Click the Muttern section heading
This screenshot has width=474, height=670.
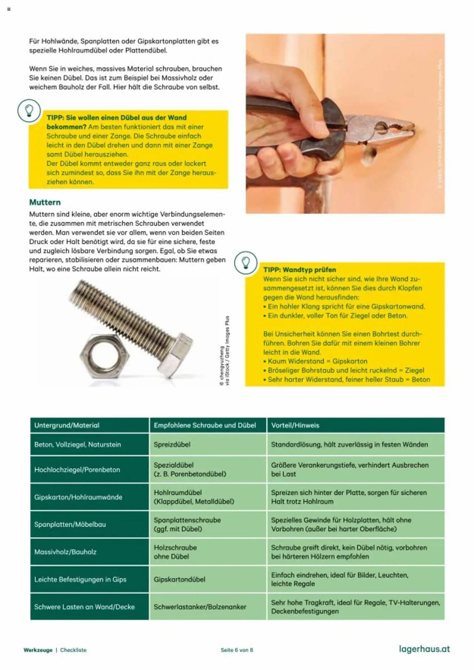click(45, 202)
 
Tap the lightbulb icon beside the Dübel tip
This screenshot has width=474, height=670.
click(29, 111)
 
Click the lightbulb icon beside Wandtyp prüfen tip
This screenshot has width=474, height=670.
click(246, 263)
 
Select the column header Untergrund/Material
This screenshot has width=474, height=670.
click(67, 425)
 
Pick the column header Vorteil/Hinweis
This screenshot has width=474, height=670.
click(295, 425)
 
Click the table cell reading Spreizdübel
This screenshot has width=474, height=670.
click(172, 445)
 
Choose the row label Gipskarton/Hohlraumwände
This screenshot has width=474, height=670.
click(78, 497)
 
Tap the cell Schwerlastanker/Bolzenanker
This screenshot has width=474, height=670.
click(200, 607)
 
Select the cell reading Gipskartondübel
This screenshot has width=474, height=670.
click(179, 579)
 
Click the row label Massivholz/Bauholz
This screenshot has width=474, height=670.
click(65, 552)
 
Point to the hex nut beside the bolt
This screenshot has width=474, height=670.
click(104, 355)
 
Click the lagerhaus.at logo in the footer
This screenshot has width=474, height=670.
click(424, 649)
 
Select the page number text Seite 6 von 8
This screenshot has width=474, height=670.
click(237, 650)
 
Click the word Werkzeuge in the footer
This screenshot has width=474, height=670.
click(38, 650)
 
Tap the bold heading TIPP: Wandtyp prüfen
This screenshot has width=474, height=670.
click(299, 270)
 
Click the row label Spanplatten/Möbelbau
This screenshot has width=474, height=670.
click(70, 524)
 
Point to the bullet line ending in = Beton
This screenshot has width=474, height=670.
click(349, 380)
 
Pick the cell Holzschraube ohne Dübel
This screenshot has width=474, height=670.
click(175, 552)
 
